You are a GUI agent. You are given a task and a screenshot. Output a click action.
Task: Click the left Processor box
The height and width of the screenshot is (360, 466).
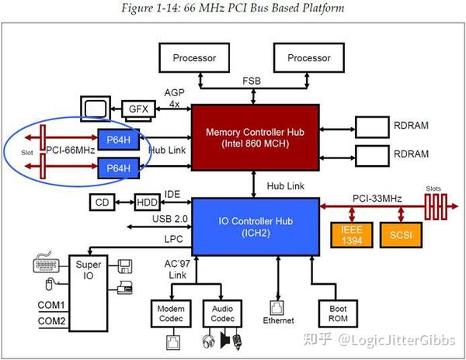pyautogui.click(x=193, y=58)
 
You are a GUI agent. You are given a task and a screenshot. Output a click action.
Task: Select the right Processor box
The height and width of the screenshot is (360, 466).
pyautogui.click(x=308, y=58)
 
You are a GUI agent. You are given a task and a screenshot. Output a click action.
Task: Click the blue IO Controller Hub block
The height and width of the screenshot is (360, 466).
pyautogui.click(x=254, y=226)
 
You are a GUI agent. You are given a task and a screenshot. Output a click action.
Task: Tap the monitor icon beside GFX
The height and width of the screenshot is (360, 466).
pyautogui.click(x=98, y=107)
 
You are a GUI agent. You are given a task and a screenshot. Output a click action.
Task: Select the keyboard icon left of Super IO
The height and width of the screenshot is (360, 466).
pyautogui.click(x=43, y=263)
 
